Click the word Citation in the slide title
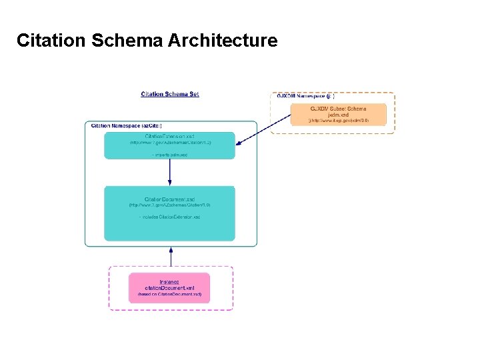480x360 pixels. [50, 41]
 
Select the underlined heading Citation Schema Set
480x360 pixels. [170, 94]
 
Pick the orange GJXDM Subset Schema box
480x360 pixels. [338, 114]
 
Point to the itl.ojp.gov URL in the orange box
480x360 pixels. [338, 121]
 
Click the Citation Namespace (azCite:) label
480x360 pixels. [126, 125]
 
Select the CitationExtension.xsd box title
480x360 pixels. [170, 136]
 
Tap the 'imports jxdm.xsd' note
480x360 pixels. [170, 155]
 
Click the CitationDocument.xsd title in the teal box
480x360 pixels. [170, 199]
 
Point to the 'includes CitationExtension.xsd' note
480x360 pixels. [170, 217]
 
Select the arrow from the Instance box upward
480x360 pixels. [171, 257]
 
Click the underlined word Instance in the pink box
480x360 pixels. [169, 281]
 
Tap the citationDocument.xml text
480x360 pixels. [169, 287]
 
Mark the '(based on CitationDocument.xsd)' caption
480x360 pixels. [169, 294]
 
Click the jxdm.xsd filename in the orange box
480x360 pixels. [338, 115]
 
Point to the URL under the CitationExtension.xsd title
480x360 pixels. [170, 143]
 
